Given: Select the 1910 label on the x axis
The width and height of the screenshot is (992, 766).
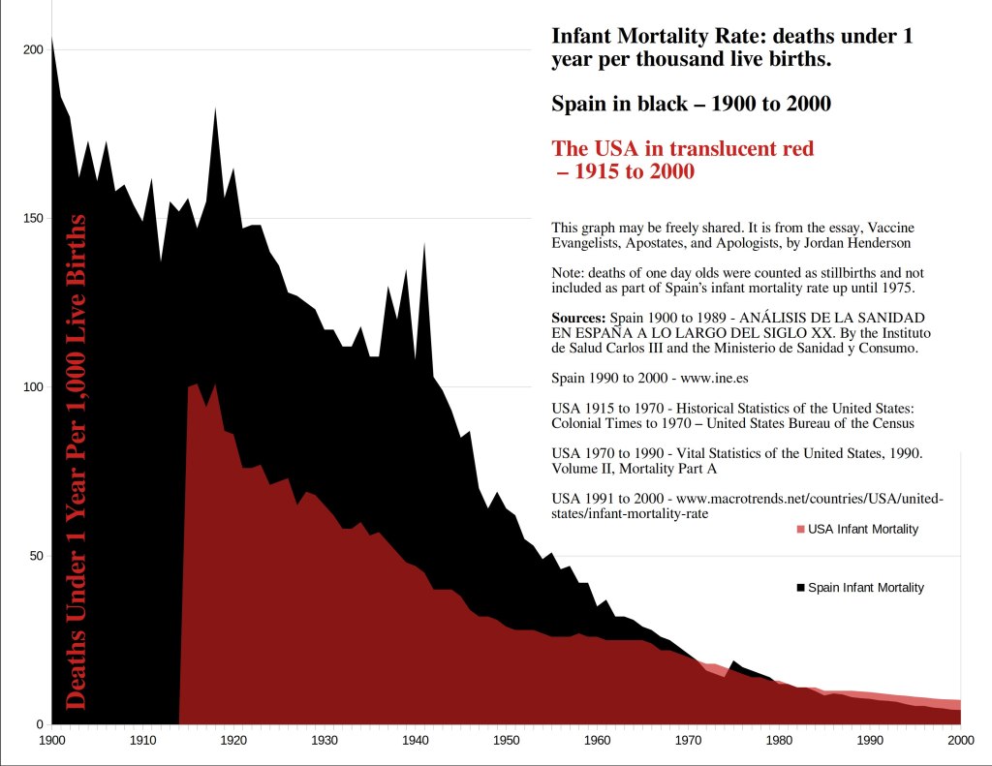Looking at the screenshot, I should point(142,740).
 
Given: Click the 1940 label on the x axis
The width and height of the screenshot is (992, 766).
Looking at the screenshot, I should point(415,740).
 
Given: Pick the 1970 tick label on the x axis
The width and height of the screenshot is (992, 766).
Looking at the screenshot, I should point(688,740).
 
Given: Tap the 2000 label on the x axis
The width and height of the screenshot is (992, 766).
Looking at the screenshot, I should point(960,740).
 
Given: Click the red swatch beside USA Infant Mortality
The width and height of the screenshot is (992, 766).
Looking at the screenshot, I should point(800,529).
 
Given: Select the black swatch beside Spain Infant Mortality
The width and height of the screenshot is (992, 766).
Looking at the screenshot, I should point(800,588).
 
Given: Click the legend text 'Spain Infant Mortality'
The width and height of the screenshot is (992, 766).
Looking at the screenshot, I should point(866,588).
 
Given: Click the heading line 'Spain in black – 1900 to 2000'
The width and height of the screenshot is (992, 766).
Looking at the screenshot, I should point(691,104).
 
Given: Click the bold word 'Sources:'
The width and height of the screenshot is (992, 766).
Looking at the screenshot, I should point(578,318).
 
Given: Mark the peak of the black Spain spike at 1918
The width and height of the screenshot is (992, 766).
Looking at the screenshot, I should point(214,107).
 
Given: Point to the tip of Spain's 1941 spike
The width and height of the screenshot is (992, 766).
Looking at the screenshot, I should point(424,243).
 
